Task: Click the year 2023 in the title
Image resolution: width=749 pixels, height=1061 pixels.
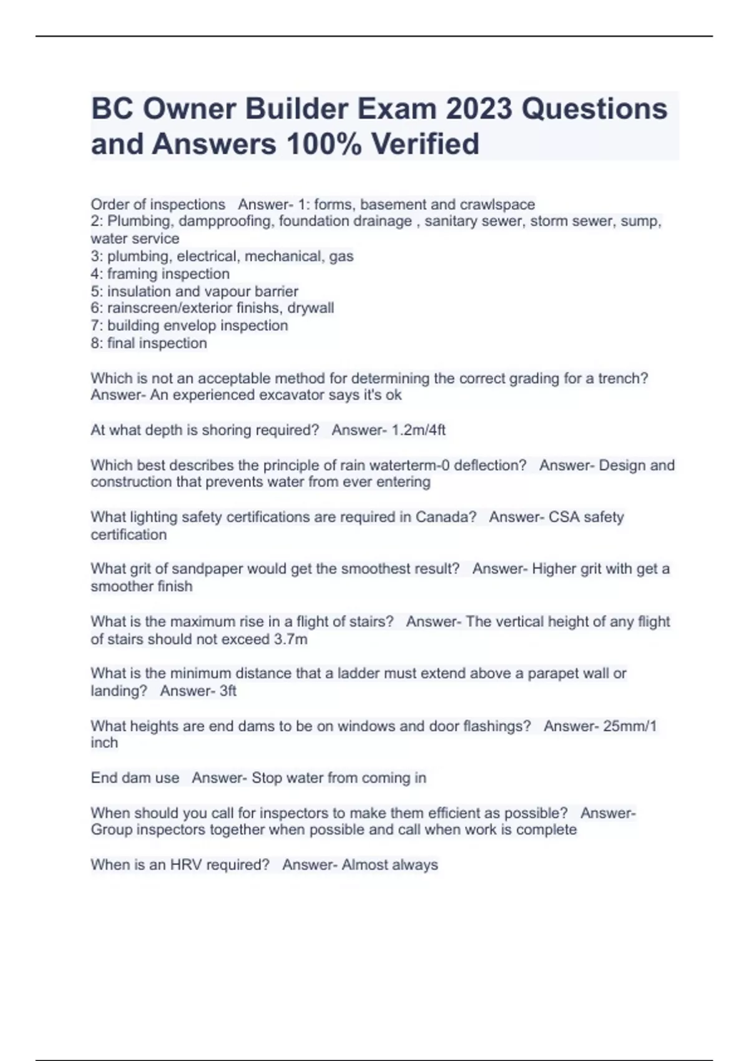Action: (479, 109)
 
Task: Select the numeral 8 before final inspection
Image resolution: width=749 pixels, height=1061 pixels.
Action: (95, 343)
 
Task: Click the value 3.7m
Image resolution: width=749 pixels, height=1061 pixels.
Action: (290, 640)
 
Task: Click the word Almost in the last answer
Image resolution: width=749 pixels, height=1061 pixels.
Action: (365, 865)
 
